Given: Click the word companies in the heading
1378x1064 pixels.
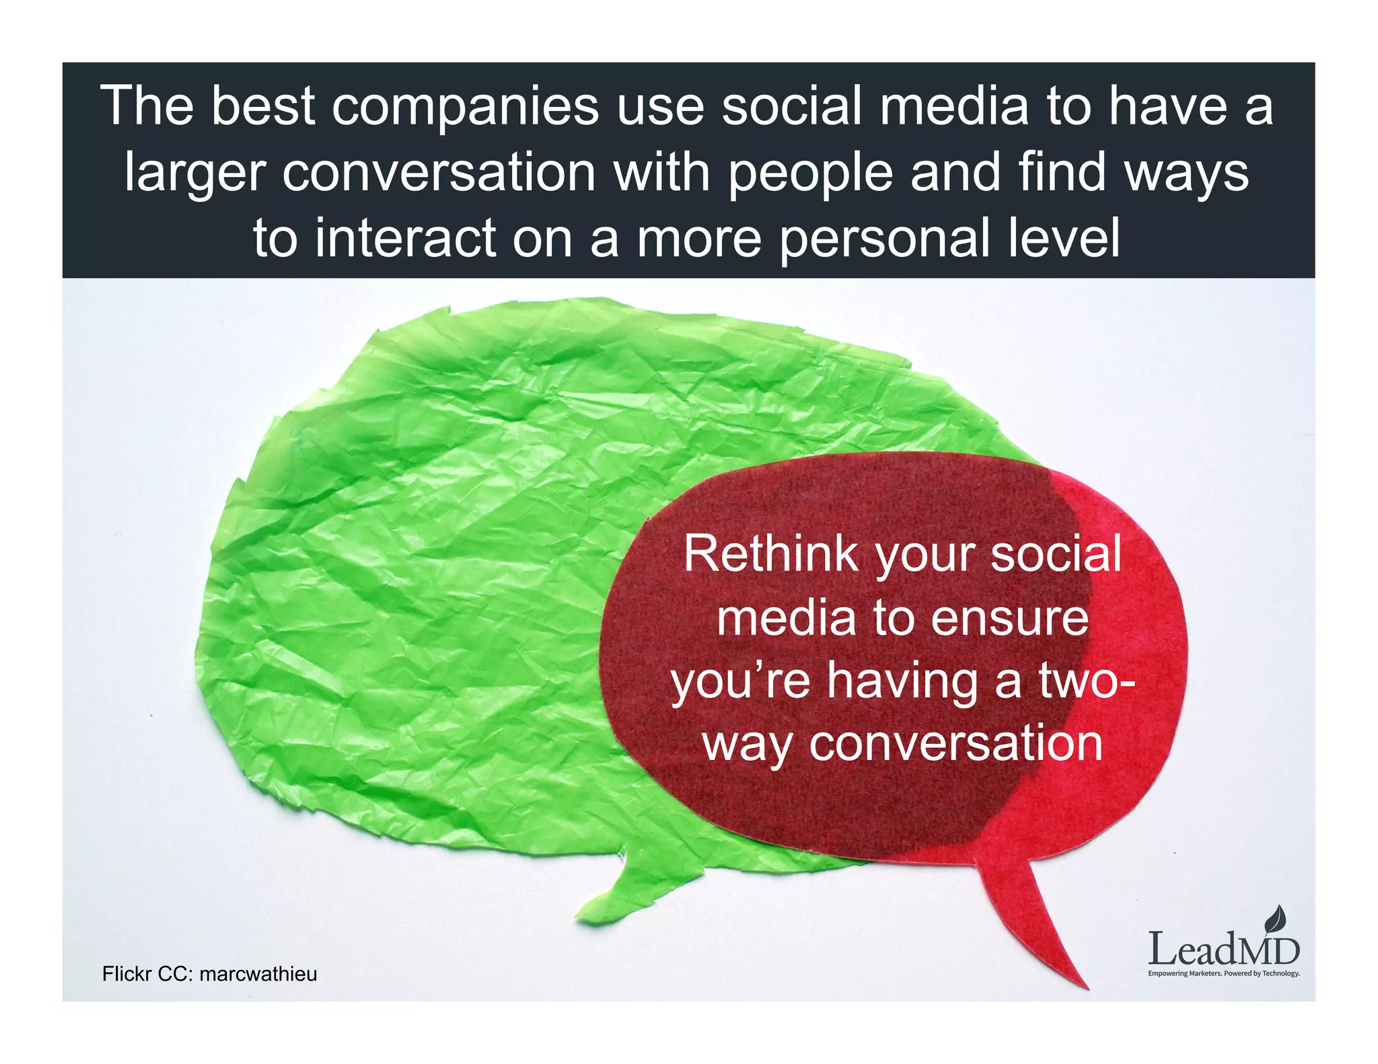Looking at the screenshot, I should pyautogui.click(x=465, y=107).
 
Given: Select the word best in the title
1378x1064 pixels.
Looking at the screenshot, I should pyautogui.click(x=263, y=106).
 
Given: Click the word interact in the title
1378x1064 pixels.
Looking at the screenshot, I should pyautogui.click(x=405, y=238).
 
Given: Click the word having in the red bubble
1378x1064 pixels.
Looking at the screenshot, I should pyautogui.click(x=902, y=681).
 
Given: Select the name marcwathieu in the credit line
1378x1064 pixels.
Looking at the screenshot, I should pyautogui.click(x=258, y=974).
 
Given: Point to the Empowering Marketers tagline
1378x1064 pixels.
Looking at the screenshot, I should pyautogui.click(x=1223, y=973).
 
